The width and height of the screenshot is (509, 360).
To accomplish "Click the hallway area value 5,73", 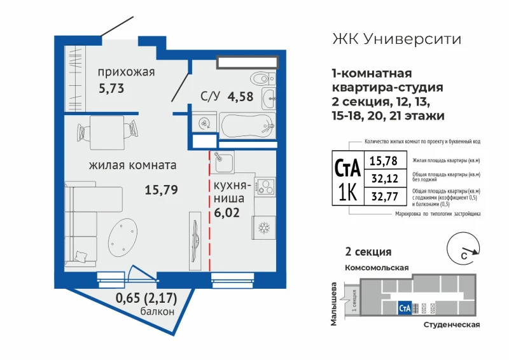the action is pos(111,88).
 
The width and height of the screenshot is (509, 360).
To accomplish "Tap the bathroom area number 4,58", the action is pos(241,97).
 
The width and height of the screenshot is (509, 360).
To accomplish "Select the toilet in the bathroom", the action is pos(263,79).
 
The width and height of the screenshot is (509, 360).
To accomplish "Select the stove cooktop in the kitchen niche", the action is pos(265,186).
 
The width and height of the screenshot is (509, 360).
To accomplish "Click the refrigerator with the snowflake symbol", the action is pos(264,228).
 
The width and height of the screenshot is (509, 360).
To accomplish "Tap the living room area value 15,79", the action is pos(161,190).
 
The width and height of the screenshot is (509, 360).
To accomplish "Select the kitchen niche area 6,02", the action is pos(227,212).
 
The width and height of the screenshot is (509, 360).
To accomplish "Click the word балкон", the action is pos(157,312).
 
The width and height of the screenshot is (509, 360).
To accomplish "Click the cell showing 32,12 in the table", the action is pos(386,178).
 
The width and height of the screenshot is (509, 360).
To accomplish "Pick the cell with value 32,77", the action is pos(386,197).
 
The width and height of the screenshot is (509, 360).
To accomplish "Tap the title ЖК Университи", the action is pos(396,39).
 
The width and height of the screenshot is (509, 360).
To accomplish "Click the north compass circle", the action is pos(463,249).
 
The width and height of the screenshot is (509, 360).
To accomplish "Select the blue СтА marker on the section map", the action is pos(405,308).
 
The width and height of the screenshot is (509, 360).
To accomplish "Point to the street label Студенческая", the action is pos(452,325).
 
